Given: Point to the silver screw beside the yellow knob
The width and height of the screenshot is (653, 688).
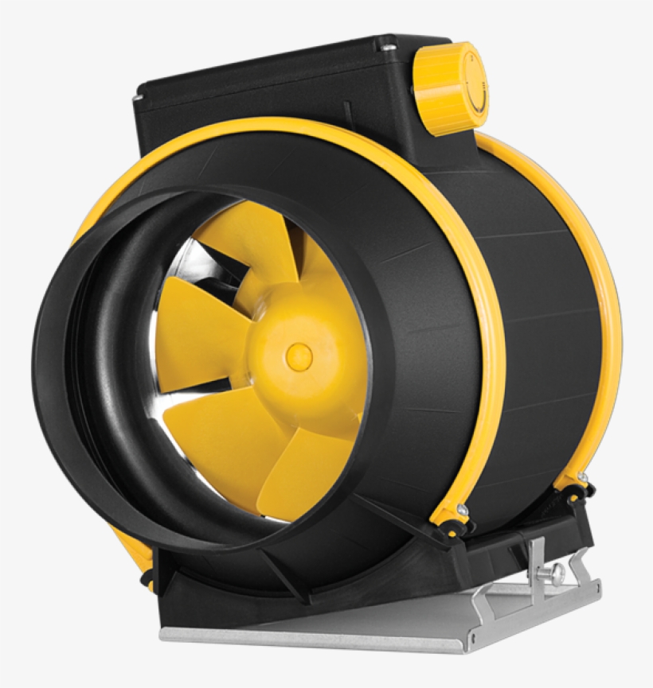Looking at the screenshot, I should pos(387,49).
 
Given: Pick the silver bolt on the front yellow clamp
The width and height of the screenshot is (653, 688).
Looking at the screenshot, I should pos(461,509).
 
